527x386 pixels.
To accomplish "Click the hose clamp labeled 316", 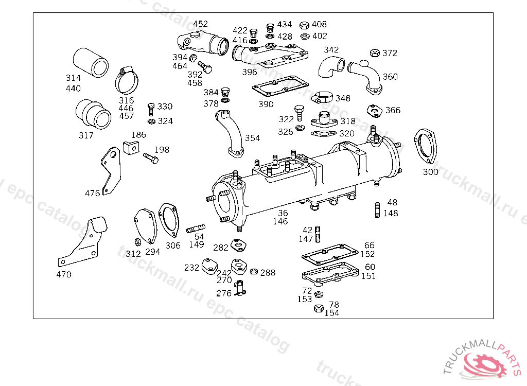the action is pos(127,80).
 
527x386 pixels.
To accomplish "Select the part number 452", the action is pos(200,24).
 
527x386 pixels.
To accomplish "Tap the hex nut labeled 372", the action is pos(375,53).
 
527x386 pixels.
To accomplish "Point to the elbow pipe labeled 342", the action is pos(331,67).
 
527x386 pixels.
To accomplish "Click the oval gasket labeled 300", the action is pos(426,147).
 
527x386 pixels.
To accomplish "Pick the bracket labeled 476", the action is pos(111,170).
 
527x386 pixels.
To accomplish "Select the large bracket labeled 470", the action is pos(83,241).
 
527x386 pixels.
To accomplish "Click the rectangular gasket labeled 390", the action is pos(280,86).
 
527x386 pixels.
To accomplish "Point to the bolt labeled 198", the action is pos(151,157).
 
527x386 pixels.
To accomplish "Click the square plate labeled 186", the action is pos(131,147).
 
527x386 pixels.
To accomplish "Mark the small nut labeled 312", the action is pos(137,241).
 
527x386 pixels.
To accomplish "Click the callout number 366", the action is pos(393,110).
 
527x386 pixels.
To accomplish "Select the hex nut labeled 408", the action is pos(304,25).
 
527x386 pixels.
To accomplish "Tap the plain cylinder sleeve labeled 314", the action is pos(91,63).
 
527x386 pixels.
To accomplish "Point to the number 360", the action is pos(390,77).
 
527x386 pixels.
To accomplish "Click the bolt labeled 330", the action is pos(151,109).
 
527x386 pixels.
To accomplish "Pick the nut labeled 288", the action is pos(254,271).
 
